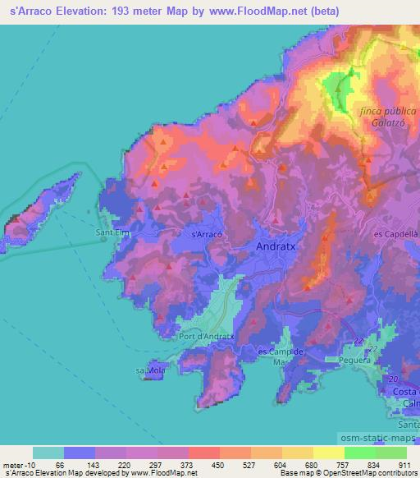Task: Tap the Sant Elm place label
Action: click(x=112, y=233)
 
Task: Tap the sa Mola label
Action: click(x=151, y=371)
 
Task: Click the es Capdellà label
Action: click(x=395, y=234)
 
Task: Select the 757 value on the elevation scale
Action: click(x=344, y=464)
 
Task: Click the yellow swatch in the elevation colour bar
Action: click(x=328, y=453)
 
